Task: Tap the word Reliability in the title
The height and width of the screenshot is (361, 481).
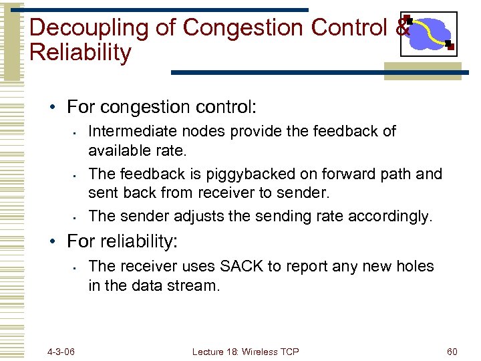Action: tap(81, 52)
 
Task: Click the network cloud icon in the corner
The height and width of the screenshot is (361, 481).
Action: tap(428, 33)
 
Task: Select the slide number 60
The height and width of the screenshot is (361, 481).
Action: tap(452, 351)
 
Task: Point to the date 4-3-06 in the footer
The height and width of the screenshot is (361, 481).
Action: tap(61, 351)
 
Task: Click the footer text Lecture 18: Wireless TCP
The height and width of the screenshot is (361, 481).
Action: tap(245, 351)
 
